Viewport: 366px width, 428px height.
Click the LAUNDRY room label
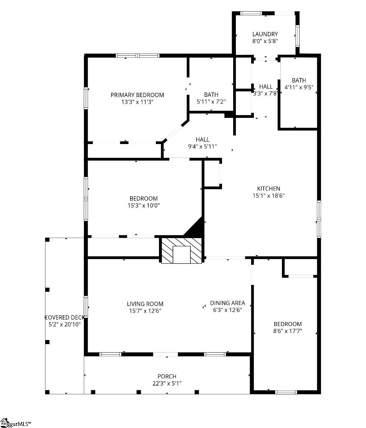point(265,34)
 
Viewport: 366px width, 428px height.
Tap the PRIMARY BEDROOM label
point(137,95)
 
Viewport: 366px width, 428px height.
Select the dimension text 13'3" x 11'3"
point(137,102)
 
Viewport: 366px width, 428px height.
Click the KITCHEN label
point(268,189)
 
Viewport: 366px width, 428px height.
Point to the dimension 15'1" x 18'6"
point(268,196)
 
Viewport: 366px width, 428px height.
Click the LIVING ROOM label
point(145,304)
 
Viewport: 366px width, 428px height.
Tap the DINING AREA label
point(227,303)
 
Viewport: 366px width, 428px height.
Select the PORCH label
point(167,376)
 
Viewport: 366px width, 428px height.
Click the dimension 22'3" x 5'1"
point(167,383)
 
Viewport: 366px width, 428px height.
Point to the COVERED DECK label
point(64,318)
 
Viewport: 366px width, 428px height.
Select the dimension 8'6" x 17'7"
point(287,331)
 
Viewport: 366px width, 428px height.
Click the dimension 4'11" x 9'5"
point(299,87)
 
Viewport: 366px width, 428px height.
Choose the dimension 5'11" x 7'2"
point(211,102)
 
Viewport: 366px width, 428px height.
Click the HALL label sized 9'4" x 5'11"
point(202,139)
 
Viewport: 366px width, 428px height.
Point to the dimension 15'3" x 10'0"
point(143,205)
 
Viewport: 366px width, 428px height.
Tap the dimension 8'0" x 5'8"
point(265,41)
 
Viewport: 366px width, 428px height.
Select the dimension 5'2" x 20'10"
point(64,324)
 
